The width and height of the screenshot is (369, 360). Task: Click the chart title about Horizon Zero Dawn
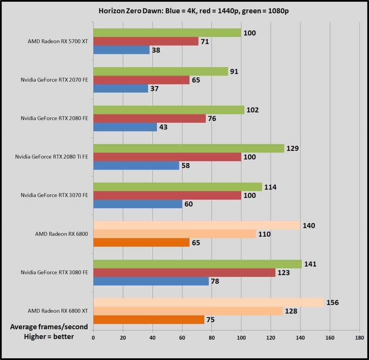194,11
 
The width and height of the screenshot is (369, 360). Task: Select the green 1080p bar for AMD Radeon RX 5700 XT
167,33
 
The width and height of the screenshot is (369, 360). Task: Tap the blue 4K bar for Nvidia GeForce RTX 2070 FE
121,88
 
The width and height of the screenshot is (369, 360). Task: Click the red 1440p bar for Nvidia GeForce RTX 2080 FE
150,118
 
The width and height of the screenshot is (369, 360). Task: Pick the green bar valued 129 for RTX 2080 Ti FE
189,148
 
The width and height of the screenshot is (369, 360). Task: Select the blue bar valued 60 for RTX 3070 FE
138,204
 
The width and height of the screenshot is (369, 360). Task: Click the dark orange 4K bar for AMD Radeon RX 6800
141,242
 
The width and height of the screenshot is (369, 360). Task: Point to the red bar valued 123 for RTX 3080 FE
184,273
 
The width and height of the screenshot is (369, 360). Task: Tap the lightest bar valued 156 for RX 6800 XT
209,302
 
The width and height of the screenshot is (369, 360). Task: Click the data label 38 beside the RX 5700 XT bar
156,50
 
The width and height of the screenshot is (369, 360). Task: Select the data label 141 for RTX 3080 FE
310,264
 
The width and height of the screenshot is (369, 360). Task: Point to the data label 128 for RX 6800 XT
291,311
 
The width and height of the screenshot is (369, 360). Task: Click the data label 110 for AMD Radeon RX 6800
264,234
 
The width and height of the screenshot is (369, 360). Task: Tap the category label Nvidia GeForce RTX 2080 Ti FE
52,157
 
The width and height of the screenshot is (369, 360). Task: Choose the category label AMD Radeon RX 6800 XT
58,311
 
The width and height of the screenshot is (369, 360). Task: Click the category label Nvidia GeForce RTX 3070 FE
54,195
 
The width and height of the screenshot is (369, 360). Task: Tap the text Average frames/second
49,327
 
